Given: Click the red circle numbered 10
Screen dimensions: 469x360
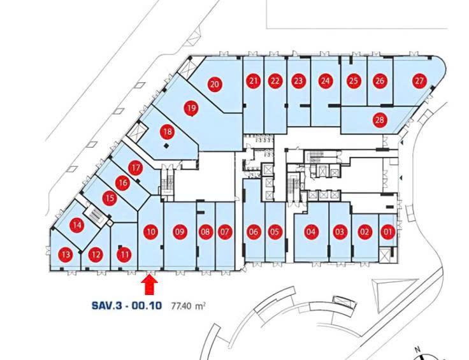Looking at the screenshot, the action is (151, 232).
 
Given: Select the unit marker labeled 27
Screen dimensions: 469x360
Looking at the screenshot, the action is (420, 81).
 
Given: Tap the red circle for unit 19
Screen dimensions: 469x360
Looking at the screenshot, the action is (191, 108).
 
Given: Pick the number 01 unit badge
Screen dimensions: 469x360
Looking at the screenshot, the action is (387, 232).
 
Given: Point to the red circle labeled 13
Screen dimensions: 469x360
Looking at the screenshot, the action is (66, 254).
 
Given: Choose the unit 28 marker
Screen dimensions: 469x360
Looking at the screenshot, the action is (380, 120).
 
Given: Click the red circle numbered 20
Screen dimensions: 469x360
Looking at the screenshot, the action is (215, 84).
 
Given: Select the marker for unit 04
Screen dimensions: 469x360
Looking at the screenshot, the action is (311, 232).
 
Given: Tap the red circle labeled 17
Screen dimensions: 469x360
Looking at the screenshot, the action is (136, 168).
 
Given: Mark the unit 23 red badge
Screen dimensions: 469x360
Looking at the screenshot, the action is (298, 81).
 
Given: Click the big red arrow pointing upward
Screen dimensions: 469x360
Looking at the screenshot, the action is (150, 285).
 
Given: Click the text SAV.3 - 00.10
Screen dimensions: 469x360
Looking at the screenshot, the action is (127, 306).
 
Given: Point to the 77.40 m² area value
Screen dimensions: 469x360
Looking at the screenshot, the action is (188, 306).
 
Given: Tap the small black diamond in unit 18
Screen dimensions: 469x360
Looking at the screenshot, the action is (166, 146).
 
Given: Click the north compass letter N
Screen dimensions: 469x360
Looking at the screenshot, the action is (417, 349).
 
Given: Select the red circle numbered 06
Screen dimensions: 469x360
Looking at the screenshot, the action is (254, 232).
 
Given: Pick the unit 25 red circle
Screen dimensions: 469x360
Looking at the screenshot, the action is (354, 81).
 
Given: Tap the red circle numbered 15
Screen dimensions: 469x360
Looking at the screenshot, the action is (110, 198).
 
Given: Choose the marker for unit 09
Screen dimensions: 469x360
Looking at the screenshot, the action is (180, 232).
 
